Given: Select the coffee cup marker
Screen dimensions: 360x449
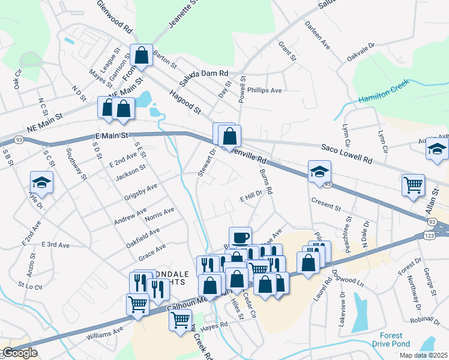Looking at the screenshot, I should pyautogui.click(x=240, y=238).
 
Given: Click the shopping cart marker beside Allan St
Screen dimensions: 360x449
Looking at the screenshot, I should pyautogui.click(x=413, y=185).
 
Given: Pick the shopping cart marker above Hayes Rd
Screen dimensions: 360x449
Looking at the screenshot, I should pyautogui.click(x=180, y=320).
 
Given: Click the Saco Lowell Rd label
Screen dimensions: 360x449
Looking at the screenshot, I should pyautogui.click(x=346, y=154).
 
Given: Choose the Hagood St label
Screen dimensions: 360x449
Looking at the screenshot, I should pyautogui.click(x=184, y=102).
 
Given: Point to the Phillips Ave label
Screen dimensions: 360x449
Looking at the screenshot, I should pyautogui.click(x=265, y=91).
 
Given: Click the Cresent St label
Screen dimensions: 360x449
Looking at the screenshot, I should pyautogui.click(x=326, y=204).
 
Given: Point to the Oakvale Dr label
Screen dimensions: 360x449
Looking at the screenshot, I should pyautogui.click(x=361, y=53).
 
